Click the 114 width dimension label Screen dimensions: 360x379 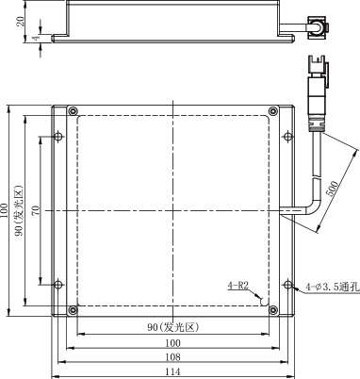coord(172,371)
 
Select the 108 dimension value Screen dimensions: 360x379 coord(172,357)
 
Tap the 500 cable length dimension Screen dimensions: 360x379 coord(332,189)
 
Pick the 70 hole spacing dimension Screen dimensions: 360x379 coord(37,210)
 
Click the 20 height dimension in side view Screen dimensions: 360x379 coord(20,22)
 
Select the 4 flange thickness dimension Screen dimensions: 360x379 coord(37,38)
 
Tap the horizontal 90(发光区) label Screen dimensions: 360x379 coord(173,327)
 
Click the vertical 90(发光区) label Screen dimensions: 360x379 coord(19,210)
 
